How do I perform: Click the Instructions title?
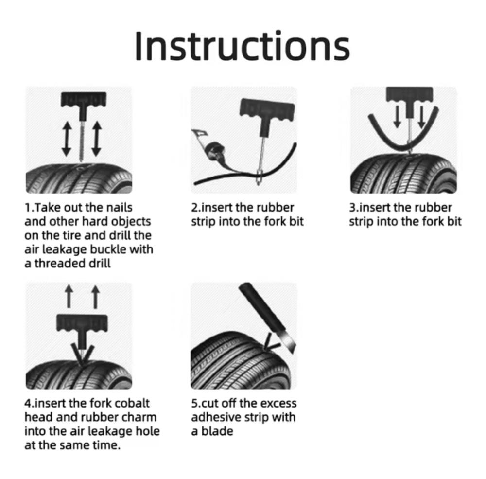tap(243, 46)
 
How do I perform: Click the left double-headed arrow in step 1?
tap(67, 139)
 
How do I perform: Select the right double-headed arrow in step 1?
tap(97, 139)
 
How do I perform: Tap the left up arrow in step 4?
tap(69, 297)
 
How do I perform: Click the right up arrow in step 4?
tap(95, 297)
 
